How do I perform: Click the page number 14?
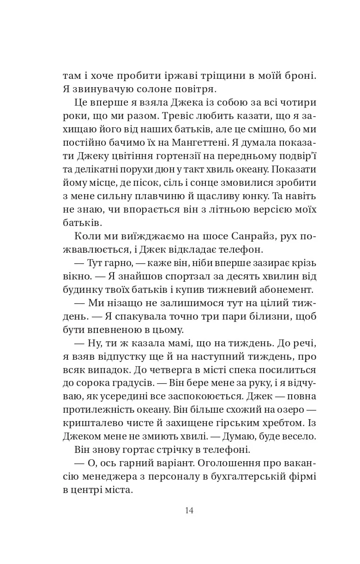coord(189,511)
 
